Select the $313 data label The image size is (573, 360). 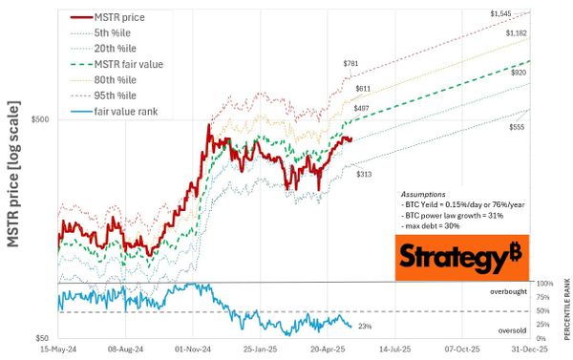[364, 174]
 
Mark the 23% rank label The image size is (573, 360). [364, 327]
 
